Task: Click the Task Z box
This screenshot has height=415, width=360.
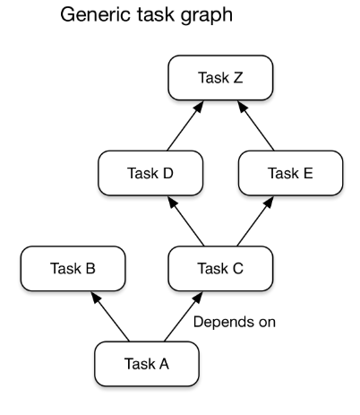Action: [x=220, y=78]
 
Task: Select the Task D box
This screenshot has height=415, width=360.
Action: [x=150, y=173]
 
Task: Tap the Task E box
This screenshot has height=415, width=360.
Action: [x=290, y=173]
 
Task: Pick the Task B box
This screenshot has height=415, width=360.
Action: [x=73, y=268]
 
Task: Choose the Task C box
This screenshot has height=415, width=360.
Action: [x=220, y=268]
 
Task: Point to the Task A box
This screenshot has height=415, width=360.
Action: [x=147, y=364]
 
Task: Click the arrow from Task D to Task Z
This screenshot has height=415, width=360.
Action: [x=185, y=125]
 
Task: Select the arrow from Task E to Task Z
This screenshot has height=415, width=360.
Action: [x=255, y=125]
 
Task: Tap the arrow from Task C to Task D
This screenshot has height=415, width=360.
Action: [x=185, y=221]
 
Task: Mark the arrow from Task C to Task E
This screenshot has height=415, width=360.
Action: [x=255, y=221]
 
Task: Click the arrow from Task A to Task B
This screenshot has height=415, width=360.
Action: [x=110, y=316]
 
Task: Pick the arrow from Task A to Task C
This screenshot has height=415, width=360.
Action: [x=184, y=316]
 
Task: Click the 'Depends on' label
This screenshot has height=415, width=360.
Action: [x=235, y=322]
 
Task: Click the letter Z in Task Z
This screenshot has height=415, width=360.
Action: [x=238, y=78]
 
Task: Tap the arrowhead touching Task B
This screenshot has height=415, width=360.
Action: [x=95, y=297]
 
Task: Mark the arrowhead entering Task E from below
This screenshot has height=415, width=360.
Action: [x=269, y=202]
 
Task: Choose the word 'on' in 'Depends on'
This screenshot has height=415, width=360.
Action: [x=267, y=323]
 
